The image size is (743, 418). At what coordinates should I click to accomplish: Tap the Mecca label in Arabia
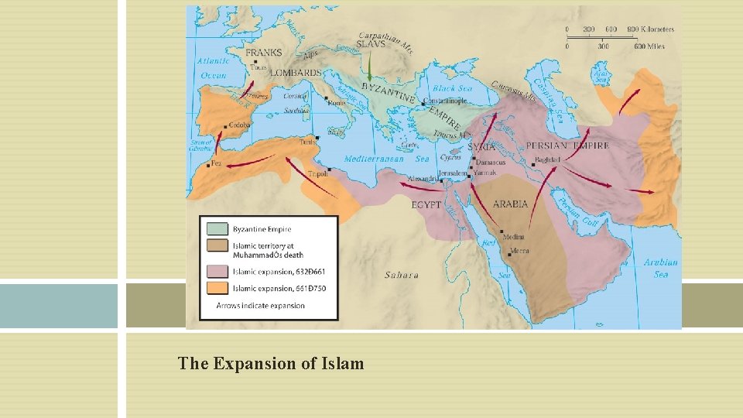520,252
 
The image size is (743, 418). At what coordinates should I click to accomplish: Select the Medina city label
513,237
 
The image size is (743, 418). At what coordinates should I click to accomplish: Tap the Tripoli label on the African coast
316,174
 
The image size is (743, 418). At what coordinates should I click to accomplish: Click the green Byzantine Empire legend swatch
217,230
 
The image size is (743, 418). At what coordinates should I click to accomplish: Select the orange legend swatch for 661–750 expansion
217,289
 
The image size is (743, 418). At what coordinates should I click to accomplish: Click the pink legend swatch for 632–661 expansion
217,272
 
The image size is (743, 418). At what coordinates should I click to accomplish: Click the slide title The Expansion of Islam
270,363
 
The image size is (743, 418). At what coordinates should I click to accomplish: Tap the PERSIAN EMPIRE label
567,146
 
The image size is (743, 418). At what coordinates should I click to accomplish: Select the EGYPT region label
426,205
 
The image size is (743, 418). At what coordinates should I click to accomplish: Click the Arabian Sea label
661,268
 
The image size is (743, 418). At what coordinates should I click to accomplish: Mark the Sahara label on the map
402,275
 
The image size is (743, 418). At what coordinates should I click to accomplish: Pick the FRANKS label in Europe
264,53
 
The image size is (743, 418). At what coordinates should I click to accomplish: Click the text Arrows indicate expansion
260,306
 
